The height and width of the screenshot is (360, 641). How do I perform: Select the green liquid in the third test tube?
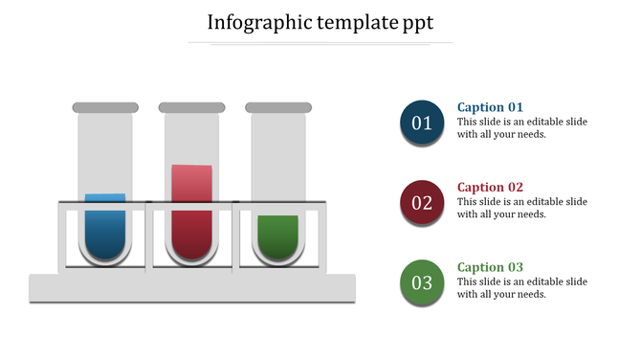[277, 236]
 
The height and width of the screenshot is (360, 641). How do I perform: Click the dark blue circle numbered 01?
[422, 123]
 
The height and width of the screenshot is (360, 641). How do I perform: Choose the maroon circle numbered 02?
[422, 202]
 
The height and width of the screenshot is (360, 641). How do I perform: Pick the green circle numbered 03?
[422, 282]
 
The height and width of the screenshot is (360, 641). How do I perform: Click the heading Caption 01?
[490, 107]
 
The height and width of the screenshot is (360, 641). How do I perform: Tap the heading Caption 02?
[490, 188]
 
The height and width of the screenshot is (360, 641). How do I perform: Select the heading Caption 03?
[490, 267]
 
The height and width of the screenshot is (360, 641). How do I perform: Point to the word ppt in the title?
[415, 22]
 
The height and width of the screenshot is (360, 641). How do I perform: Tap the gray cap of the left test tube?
[105, 107]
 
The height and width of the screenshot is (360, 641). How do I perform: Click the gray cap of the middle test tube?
[191, 107]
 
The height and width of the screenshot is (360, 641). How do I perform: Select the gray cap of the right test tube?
[277, 107]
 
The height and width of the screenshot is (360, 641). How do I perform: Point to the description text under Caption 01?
[521, 128]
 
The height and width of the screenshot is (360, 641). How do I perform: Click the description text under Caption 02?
[521, 208]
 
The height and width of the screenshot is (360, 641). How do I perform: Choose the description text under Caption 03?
[521, 288]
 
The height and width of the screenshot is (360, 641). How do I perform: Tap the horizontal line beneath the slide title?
[320, 43]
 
